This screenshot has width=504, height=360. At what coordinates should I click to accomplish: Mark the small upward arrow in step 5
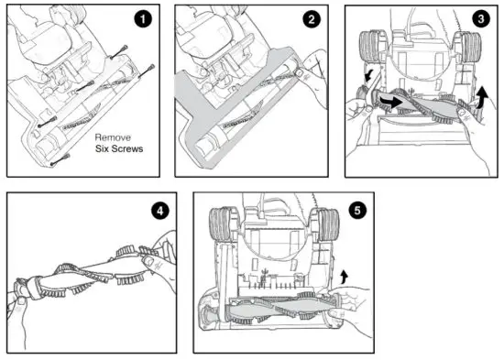tap(345, 274)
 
